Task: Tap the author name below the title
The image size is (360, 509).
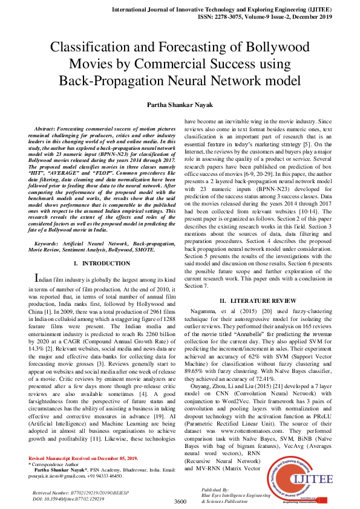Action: (x=180, y=105)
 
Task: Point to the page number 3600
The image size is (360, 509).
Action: (x=180, y=501)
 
